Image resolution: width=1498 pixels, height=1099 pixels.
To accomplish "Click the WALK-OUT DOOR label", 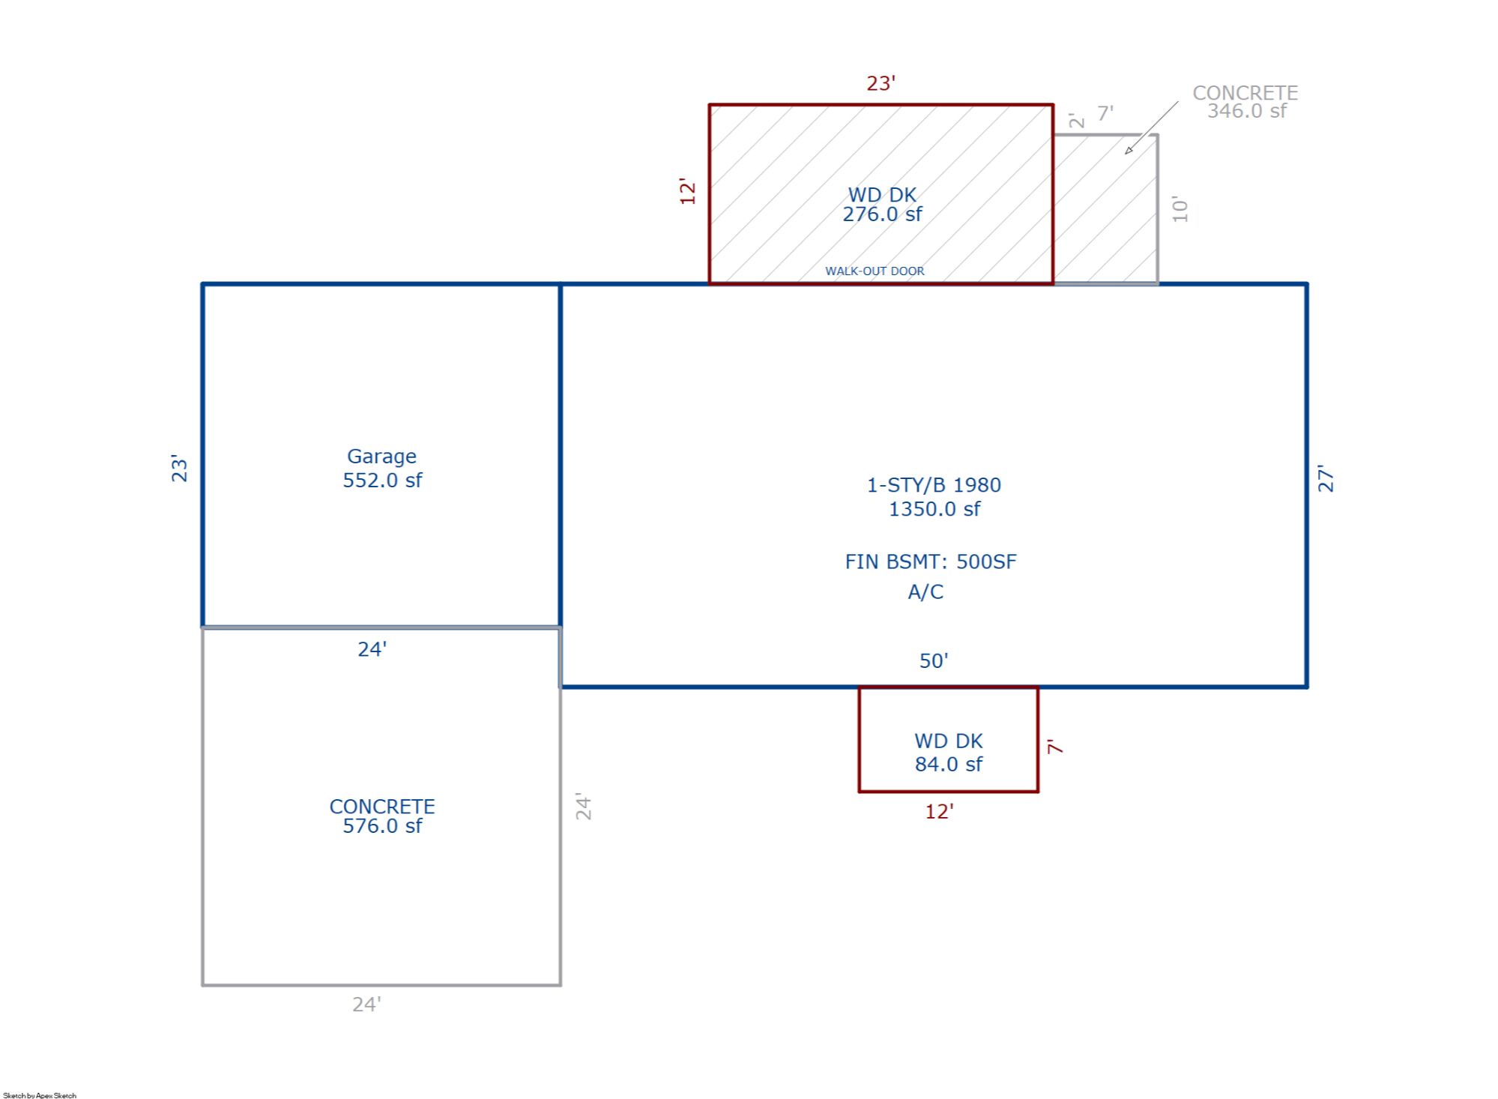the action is (x=875, y=271).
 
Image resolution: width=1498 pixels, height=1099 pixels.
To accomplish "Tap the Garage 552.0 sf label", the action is (x=382, y=468).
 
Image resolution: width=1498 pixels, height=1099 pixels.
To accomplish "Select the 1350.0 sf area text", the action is (x=934, y=509).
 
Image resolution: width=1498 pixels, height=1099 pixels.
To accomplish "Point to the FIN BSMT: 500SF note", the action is (x=931, y=561).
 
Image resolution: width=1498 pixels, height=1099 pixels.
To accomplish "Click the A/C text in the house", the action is (x=925, y=591).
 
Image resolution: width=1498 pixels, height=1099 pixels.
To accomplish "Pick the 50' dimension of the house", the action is (x=934, y=660).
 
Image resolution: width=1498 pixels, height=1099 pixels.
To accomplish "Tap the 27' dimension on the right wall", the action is (x=1326, y=478).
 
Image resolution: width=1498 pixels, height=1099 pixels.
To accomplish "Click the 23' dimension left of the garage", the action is (x=179, y=468).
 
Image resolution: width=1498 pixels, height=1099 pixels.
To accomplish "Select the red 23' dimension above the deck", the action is (x=881, y=83).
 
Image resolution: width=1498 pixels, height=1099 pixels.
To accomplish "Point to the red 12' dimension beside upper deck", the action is (x=687, y=192).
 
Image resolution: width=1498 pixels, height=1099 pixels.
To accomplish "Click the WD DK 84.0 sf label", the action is (x=949, y=753).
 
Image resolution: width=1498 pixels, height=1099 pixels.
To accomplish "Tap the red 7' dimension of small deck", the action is (x=1055, y=746).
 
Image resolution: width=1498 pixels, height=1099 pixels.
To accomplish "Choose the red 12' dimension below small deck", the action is (x=940, y=812).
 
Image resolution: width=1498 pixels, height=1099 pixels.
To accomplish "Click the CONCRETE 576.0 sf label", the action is (x=382, y=816).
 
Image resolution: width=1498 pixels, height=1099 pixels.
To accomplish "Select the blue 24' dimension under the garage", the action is (x=372, y=648).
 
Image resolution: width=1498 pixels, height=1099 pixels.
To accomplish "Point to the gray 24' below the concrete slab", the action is (x=367, y=1004).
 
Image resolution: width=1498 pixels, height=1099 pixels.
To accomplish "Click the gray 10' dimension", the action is (x=1180, y=210).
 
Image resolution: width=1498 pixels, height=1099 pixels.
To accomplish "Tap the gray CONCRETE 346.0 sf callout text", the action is (x=1245, y=102).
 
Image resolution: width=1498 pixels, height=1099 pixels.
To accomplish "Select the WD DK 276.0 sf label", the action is (x=883, y=205).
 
